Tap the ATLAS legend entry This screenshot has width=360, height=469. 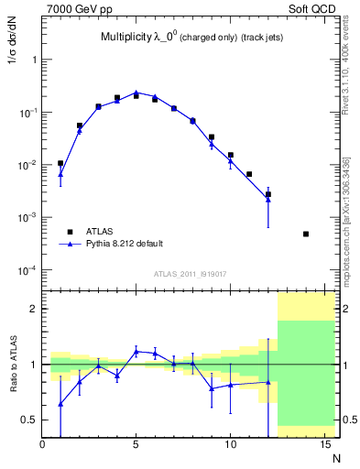point(102,232)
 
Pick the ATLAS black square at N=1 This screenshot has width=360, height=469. point(60,163)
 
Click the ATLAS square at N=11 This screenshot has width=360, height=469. point(249,174)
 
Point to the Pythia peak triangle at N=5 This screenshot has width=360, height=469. point(136,93)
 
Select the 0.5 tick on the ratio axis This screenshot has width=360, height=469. point(30,420)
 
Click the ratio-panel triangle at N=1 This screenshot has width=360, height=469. point(60,403)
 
